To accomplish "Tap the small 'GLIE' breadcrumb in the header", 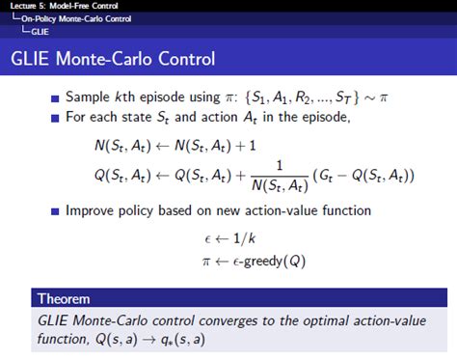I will pos(41,30).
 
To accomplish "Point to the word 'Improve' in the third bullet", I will pos(91,210).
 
